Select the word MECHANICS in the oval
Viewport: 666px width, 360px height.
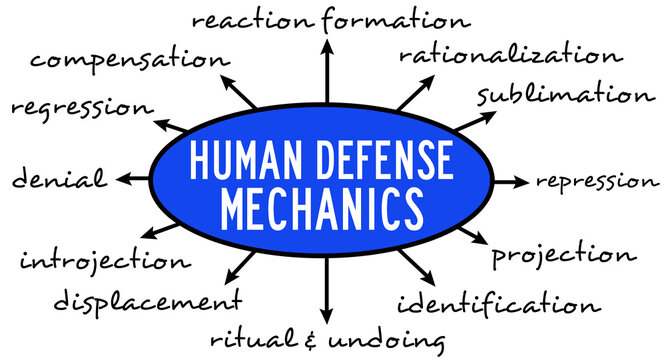(x=321, y=207)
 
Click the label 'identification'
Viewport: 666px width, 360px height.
(x=500, y=303)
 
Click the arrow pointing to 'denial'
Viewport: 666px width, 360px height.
(x=132, y=180)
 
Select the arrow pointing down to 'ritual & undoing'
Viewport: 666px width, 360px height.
(x=326, y=290)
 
